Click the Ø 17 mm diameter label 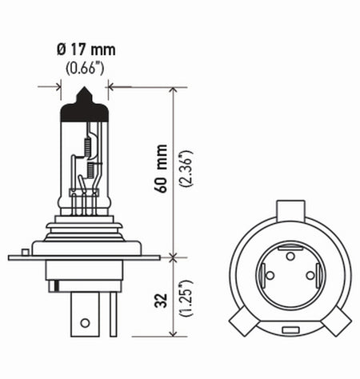tap(85, 51)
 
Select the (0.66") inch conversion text tap(85, 68)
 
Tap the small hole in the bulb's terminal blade tap(82, 323)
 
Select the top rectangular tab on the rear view tap(290, 211)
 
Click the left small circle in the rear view tap(270, 276)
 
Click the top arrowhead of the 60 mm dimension tap(174, 91)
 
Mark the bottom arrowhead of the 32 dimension tap(174, 334)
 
